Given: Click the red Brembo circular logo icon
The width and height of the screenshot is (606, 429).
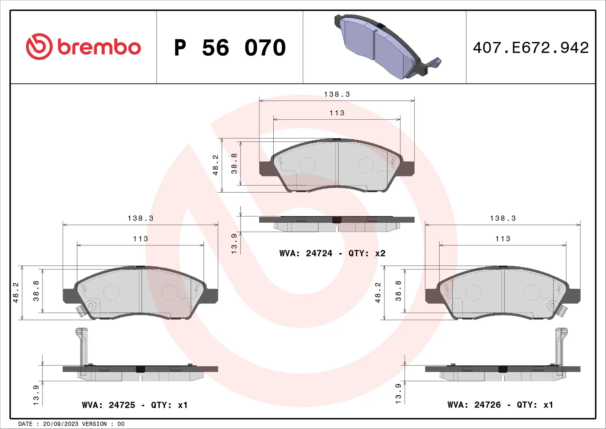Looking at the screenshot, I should [39, 47].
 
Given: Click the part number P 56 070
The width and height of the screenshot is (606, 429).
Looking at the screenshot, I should [230, 48].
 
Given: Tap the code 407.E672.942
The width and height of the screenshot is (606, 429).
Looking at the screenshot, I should [531, 48].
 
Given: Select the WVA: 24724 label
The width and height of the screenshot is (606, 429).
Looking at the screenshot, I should [306, 253].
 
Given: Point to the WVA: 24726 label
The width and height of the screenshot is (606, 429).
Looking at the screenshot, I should [474, 405].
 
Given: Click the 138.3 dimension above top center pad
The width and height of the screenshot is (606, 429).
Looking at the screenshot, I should [337, 94].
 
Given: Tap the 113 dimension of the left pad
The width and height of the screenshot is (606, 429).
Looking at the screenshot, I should [140, 239].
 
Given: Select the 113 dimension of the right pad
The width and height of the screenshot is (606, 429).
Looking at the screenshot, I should [503, 239].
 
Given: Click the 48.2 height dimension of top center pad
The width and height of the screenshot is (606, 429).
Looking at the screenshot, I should [216, 165].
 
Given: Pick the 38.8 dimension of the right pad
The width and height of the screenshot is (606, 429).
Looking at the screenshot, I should [398, 291].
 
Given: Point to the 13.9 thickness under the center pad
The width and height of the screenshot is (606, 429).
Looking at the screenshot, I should [234, 244].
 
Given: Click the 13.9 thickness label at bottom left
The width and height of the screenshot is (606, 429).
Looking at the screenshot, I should [36, 395].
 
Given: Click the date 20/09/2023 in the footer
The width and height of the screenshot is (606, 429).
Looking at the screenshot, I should [60, 424].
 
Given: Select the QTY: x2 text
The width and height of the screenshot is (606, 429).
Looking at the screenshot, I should [367, 253].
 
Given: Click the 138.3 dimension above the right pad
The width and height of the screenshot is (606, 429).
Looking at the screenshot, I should [503, 218].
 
